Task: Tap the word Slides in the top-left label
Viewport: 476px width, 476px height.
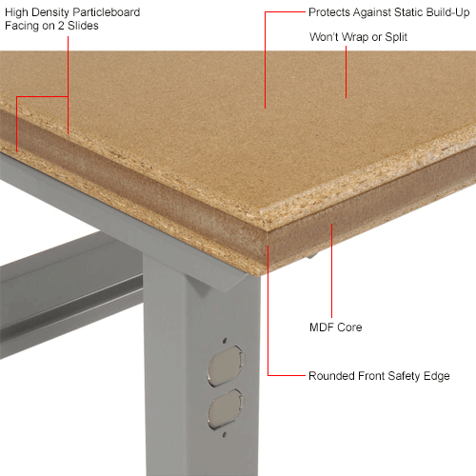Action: coord(83,26)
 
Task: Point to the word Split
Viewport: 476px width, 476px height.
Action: coord(396,37)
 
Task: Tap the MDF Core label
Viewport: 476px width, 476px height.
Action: coord(336,327)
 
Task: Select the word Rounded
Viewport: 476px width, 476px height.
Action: coord(331,376)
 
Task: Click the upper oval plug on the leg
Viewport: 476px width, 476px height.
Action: coord(226,366)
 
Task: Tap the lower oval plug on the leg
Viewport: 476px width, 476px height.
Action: coord(225,409)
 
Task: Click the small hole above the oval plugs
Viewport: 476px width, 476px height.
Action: coord(225,341)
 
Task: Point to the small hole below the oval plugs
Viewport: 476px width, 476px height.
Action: coord(224,434)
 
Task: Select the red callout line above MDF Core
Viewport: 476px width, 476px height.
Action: coord(332,270)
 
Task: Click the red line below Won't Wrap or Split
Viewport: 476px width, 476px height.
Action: coord(346,72)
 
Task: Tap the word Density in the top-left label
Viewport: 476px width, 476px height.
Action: coord(50,12)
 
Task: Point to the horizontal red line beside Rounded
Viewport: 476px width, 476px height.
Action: coord(287,375)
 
